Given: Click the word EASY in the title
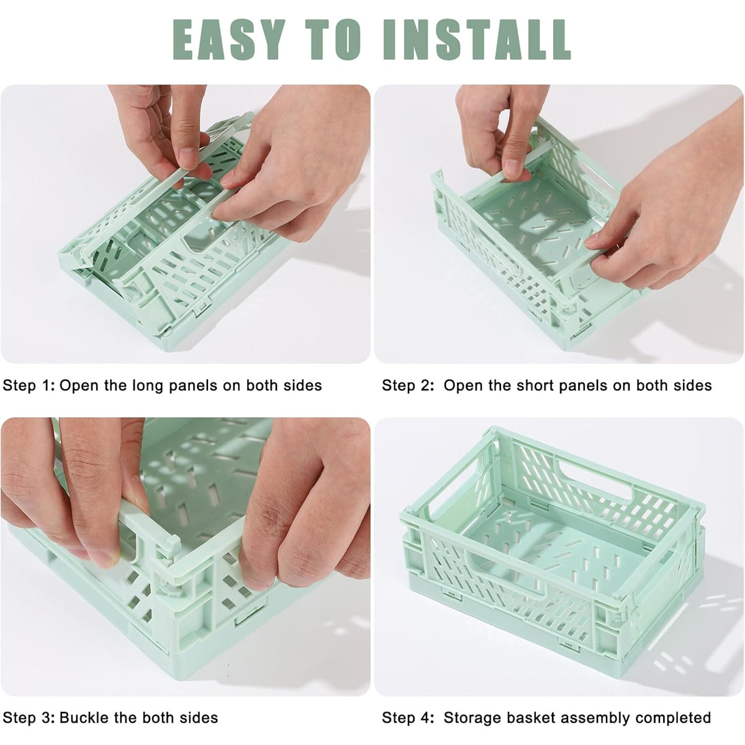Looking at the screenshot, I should click(x=227, y=38).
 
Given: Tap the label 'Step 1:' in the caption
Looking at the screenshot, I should click(x=29, y=386).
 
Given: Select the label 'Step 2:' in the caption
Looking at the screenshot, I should click(x=409, y=386).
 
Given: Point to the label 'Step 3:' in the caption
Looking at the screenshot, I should click(x=29, y=718).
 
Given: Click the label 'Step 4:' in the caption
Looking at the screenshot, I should click(x=409, y=718).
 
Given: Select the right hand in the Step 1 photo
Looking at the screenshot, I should click(x=298, y=161).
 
